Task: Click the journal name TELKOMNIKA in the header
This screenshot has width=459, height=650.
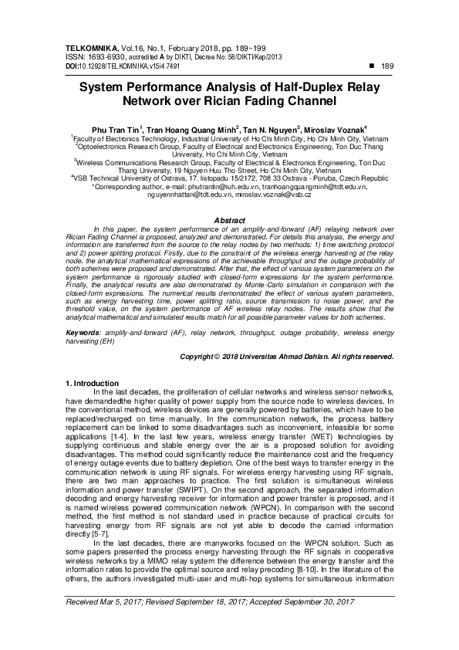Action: (88, 47)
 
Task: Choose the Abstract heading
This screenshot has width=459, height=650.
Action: (229, 220)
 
